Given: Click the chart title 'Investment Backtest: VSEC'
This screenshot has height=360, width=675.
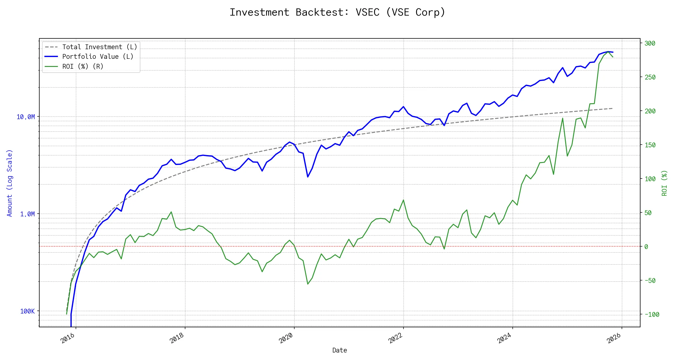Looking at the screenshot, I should tap(337, 12).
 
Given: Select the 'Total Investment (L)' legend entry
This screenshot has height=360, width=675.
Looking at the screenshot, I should tap(99, 47).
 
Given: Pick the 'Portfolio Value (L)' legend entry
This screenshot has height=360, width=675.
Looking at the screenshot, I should tap(97, 57).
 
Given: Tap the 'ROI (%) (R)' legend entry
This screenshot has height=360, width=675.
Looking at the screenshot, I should tap(82, 66).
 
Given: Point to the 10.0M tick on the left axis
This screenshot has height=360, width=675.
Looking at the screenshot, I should tap(26, 117).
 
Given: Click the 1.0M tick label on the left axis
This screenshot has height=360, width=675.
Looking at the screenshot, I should tap(27, 214).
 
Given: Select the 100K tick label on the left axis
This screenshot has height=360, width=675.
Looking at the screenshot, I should tap(27, 311).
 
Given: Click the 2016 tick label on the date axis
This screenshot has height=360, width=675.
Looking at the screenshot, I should tap(68, 338).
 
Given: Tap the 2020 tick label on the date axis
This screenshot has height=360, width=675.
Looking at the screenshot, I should tap(286, 338).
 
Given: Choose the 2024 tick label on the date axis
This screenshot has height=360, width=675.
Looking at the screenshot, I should tap(505, 338).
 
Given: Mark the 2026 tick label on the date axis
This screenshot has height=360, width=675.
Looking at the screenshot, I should tap(614, 338).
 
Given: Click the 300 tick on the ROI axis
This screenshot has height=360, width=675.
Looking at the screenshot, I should tap(650, 43).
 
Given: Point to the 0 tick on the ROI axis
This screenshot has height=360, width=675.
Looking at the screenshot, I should tap(646, 247).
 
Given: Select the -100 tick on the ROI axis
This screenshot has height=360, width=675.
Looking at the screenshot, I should tap(652, 314).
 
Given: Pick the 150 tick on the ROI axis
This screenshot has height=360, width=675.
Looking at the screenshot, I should tap(650, 145).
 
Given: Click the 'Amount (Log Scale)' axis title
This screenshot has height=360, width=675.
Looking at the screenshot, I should tap(10, 183).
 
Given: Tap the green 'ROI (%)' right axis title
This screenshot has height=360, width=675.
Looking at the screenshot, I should tap(664, 183).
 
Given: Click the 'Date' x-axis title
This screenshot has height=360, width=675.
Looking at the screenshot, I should tap(340, 350).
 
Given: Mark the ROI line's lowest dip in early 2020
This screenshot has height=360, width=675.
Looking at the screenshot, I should tap(308, 284).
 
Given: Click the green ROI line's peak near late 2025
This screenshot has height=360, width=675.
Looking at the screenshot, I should tap(608, 52).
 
